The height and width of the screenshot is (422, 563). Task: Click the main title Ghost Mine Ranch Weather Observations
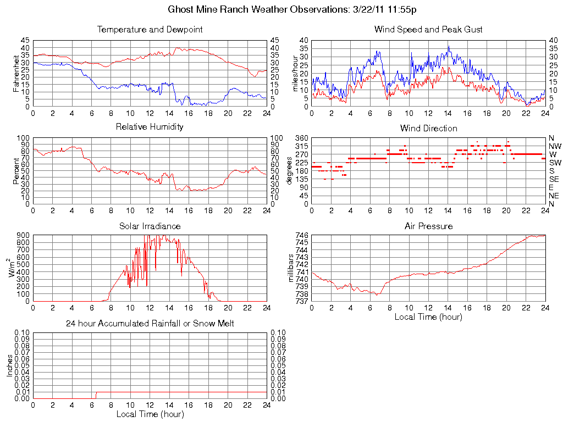click(292, 9)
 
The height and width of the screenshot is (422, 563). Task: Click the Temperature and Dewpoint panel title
click(150, 30)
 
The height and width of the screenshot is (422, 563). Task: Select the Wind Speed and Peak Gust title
click(428, 30)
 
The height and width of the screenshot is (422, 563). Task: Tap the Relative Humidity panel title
click(150, 127)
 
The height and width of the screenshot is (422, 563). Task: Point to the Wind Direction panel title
click(428, 129)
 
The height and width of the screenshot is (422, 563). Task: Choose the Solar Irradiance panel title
click(150, 226)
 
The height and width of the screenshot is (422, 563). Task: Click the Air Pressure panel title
click(428, 226)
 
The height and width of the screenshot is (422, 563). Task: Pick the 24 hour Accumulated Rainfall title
click(150, 324)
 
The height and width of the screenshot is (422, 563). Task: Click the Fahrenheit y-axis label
click(16, 73)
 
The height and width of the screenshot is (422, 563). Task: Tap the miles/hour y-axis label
click(296, 73)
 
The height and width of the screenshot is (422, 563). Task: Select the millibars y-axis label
click(291, 268)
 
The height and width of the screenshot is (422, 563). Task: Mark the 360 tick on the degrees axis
click(303, 138)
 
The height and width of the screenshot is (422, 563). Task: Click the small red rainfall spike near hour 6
click(96, 395)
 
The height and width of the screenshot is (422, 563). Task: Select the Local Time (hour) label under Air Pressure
click(428, 316)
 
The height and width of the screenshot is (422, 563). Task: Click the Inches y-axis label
click(10, 365)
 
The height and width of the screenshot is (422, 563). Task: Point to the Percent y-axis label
click(16, 170)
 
